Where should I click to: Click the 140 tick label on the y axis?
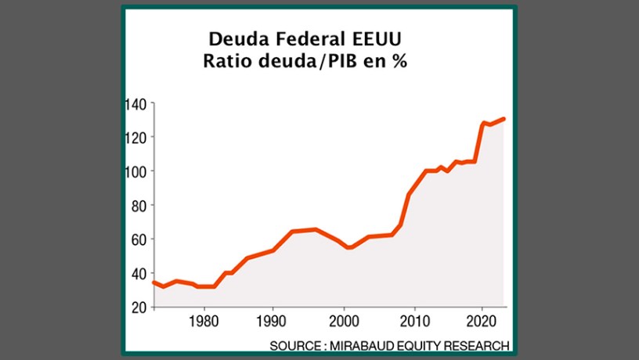coord(137,103)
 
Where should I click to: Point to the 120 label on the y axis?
coord(137,137)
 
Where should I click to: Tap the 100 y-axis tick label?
coord(137,171)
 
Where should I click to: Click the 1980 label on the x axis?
coord(204,321)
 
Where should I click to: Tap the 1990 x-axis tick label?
coord(273,321)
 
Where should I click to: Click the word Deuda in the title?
coord(233,38)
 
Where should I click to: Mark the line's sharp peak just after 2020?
coord(484,123)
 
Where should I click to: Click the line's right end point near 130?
coord(505,119)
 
